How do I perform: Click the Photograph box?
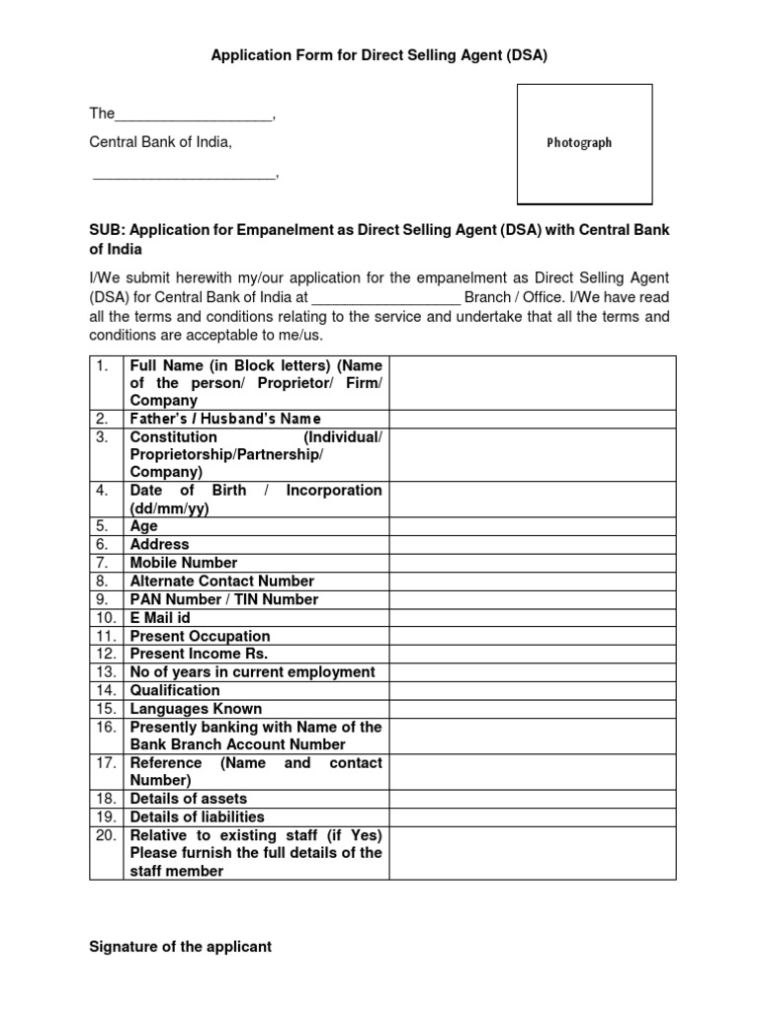click(x=585, y=143)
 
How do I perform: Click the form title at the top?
click(x=379, y=56)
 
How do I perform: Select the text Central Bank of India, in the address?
click(x=161, y=143)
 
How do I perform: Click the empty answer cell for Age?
click(x=533, y=526)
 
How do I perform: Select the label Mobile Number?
click(x=184, y=563)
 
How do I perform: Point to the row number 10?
click(x=105, y=618)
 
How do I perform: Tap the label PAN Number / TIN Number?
click(x=224, y=599)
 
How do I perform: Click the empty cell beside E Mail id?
click(x=533, y=618)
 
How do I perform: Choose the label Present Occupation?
click(x=200, y=637)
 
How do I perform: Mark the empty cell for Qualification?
click(x=533, y=690)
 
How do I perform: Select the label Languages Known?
click(x=196, y=709)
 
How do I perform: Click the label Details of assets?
click(x=189, y=799)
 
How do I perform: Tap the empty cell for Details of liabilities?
click(x=533, y=817)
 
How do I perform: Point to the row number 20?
click(x=105, y=835)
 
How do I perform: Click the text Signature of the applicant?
click(x=180, y=947)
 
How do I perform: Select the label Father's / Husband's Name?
click(x=225, y=419)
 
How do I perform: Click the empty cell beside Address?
click(x=533, y=544)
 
